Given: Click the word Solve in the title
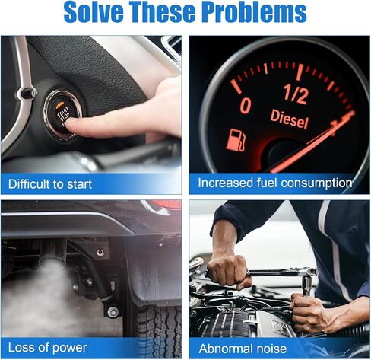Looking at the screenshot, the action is coord(94,12).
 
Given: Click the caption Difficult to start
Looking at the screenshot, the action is coord(50,184).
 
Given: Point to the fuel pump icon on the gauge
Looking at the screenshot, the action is coord(236,140).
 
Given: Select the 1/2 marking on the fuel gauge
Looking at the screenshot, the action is coord(296,94).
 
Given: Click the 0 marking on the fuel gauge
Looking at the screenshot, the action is coord(246,106).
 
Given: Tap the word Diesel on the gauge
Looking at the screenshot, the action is coord(289,119).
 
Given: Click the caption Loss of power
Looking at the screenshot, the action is coord(48,347).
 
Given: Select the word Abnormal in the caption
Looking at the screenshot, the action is coord(225,349).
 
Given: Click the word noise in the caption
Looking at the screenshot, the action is coord(271,349).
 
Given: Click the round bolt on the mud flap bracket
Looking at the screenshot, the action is coord(113,312).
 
